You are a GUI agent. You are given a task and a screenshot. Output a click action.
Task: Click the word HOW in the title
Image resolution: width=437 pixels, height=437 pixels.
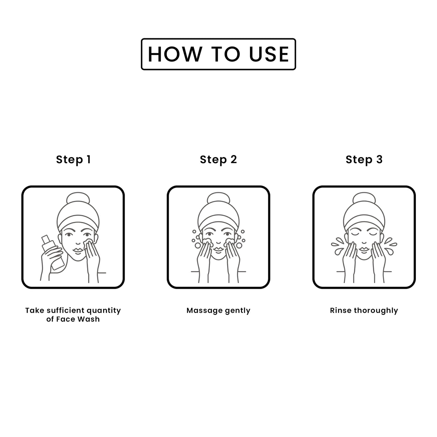click(175, 54)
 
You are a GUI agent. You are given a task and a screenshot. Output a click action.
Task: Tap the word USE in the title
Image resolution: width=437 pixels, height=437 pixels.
click(269, 54)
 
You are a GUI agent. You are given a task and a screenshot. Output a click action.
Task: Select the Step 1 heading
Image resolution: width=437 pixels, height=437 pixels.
click(73, 160)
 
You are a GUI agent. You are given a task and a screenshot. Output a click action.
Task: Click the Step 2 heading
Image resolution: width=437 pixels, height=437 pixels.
click(218, 160)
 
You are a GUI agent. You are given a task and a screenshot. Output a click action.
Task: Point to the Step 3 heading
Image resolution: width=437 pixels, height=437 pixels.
click(364, 160)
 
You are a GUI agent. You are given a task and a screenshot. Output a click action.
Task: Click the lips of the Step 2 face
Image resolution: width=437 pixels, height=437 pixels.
click(218, 250)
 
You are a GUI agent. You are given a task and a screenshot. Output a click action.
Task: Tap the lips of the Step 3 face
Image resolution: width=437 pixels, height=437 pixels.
click(364, 250)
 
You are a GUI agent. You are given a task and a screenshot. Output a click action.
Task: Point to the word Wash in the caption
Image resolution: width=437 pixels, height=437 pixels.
click(90, 319)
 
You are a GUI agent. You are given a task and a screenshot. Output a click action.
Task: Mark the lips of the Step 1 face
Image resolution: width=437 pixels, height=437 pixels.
click(78, 251)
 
